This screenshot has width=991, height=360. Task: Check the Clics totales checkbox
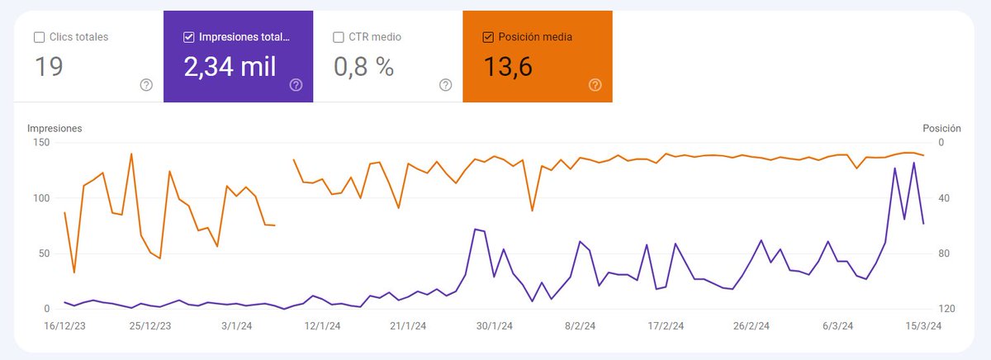coord(40,37)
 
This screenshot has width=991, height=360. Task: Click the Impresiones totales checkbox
coord(189,37)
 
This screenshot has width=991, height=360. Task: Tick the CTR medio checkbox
coord(339,37)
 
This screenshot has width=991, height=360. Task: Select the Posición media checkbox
coord(488,37)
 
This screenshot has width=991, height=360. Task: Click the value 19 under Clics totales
coord(50,67)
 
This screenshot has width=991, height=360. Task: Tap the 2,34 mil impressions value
coord(230,67)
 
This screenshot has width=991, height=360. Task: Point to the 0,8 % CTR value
coord(363,67)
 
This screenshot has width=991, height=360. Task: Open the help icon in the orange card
coord(595,84)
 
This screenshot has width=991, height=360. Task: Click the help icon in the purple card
coord(296,84)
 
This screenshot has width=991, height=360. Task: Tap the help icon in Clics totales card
coord(146,84)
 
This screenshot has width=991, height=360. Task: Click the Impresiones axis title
coord(55,129)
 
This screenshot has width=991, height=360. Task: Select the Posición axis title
coord(941,129)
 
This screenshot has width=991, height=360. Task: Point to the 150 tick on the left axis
coord(41,143)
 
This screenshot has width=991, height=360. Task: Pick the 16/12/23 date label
coord(64,326)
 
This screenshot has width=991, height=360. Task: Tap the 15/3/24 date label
coord(922,326)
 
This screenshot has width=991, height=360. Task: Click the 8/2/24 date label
coord(581,326)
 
